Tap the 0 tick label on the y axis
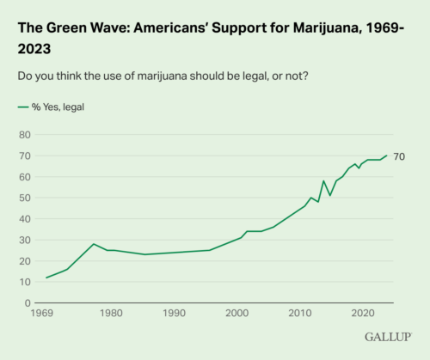click(28, 303)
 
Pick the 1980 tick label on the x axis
click(110, 315)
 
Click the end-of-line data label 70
click(399, 156)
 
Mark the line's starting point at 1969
click(46, 278)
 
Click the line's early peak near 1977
click(94, 244)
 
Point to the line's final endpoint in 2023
click(387, 156)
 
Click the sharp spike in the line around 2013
click(323, 181)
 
